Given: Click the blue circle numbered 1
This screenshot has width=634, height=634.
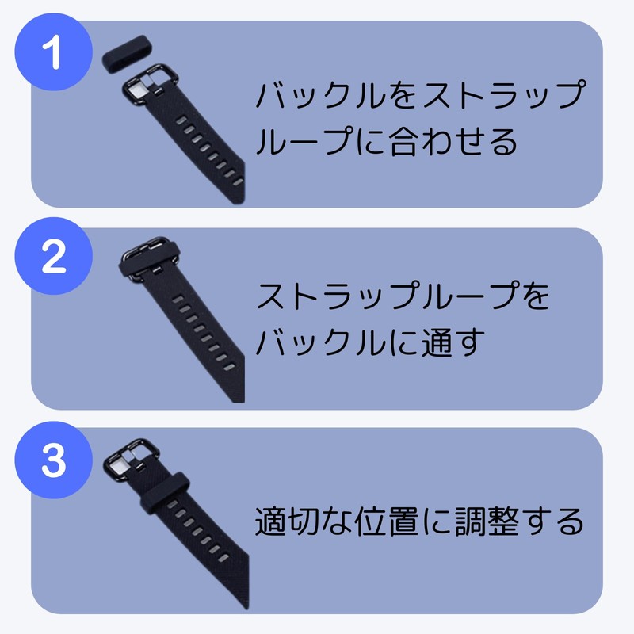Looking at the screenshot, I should [53, 58].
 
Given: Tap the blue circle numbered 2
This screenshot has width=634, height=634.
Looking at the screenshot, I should [53, 259].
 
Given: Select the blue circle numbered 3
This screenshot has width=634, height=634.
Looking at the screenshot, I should [53, 460].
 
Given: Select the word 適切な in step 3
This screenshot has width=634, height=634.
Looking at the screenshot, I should [306, 522].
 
